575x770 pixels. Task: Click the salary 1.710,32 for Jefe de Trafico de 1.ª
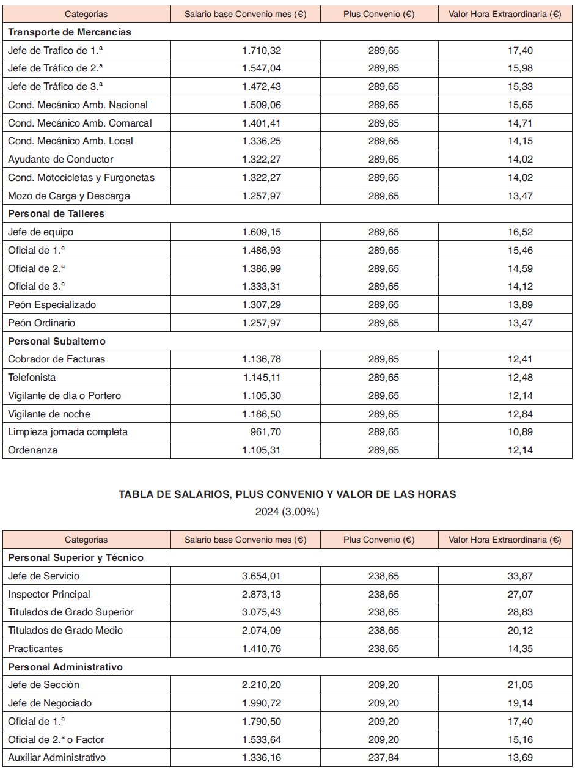click(262, 50)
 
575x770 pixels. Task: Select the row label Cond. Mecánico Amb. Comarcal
click(79, 123)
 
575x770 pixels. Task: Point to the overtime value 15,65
click(520, 105)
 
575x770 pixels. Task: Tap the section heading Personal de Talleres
click(56, 214)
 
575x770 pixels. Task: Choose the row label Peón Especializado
click(52, 304)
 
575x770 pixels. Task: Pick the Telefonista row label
click(32, 377)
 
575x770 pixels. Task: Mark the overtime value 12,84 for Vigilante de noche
click(520, 414)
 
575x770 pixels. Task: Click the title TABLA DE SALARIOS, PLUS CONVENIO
click(287, 494)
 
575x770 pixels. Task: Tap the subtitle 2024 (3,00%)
click(287, 512)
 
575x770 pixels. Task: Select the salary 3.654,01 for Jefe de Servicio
click(262, 576)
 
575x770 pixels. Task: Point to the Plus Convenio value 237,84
click(383, 758)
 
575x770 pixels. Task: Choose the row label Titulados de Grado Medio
click(66, 630)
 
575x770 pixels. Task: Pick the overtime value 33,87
click(520, 576)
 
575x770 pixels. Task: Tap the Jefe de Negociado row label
click(50, 703)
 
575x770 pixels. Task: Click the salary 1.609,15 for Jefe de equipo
click(262, 232)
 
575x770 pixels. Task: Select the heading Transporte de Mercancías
click(70, 32)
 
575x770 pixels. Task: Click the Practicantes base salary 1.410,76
click(262, 648)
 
